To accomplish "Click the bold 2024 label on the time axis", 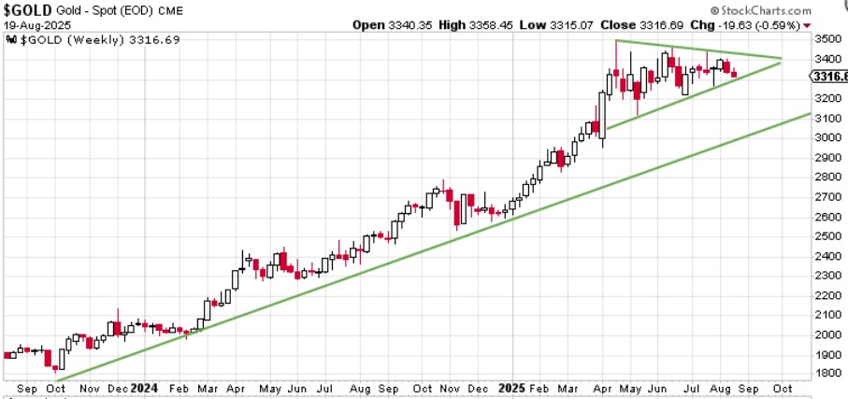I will pos(144,388).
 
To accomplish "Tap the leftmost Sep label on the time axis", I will pos(26,388).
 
